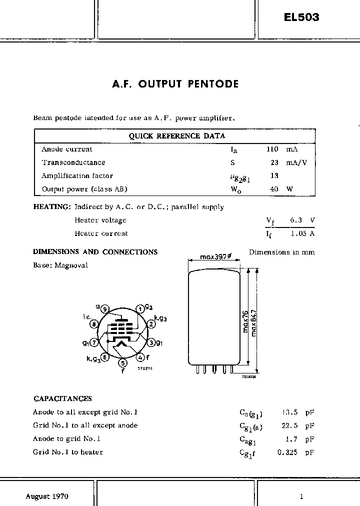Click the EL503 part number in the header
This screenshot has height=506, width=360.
point(301,17)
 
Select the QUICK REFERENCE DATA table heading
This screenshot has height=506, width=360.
point(177,135)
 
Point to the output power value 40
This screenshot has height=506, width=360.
point(274,189)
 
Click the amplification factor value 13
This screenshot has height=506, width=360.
point(274,175)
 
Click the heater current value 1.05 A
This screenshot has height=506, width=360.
point(302,233)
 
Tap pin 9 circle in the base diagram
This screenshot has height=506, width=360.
point(104,309)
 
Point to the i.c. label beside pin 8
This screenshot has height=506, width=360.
point(86,317)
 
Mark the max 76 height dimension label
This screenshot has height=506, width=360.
point(245,320)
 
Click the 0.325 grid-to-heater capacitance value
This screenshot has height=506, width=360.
point(288,452)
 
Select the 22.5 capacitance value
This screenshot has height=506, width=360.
point(290,425)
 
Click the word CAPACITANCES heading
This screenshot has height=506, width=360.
point(62,398)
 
